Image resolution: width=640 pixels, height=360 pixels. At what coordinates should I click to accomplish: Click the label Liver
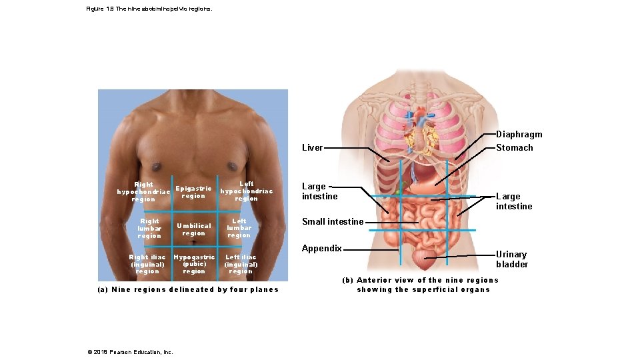point(312,148)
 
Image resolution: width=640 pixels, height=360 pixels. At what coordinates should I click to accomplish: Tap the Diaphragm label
point(519,135)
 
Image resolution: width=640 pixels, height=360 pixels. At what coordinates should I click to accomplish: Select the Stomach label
point(514,148)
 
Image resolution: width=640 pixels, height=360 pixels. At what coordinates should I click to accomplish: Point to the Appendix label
point(321,249)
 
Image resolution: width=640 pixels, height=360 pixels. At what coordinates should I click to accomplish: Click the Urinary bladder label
point(511,259)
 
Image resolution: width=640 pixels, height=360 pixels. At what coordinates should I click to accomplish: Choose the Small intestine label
point(333,221)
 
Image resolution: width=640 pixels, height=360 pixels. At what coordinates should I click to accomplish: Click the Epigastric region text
point(193,192)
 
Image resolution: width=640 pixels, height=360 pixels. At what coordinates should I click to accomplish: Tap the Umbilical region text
point(193,229)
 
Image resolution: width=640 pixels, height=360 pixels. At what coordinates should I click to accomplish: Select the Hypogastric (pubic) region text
point(194,264)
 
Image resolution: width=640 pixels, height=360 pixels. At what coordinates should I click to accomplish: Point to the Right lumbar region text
point(149,228)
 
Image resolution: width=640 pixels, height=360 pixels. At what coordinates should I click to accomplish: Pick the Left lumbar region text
point(239,228)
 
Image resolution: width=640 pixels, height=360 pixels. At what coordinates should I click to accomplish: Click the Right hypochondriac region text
point(143,192)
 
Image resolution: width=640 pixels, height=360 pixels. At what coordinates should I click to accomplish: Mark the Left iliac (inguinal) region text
point(241,264)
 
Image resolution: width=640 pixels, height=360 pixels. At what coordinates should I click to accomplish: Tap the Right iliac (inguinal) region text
point(147,264)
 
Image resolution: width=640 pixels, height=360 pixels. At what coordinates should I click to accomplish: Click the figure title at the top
point(149,9)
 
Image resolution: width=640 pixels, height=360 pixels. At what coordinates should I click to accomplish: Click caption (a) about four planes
point(188,289)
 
